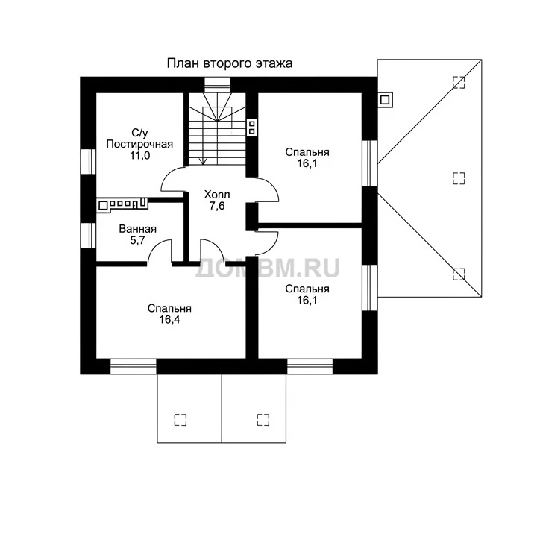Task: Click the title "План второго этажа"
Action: point(230,63)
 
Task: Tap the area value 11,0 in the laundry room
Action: point(139,155)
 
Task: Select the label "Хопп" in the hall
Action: point(217,195)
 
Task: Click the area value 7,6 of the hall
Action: point(217,206)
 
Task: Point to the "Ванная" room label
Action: point(138,229)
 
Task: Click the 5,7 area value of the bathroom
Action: point(137,240)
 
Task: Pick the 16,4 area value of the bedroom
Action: point(169,320)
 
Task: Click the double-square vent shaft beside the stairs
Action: point(252,128)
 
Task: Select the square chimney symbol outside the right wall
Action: point(385,100)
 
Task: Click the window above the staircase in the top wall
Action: point(217,85)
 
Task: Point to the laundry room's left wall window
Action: point(88,161)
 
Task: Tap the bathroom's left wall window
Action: point(88,235)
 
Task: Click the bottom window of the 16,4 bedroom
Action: point(134,366)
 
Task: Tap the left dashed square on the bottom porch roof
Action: point(180,419)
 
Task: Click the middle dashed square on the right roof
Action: point(459,178)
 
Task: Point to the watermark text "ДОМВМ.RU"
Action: point(268,268)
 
